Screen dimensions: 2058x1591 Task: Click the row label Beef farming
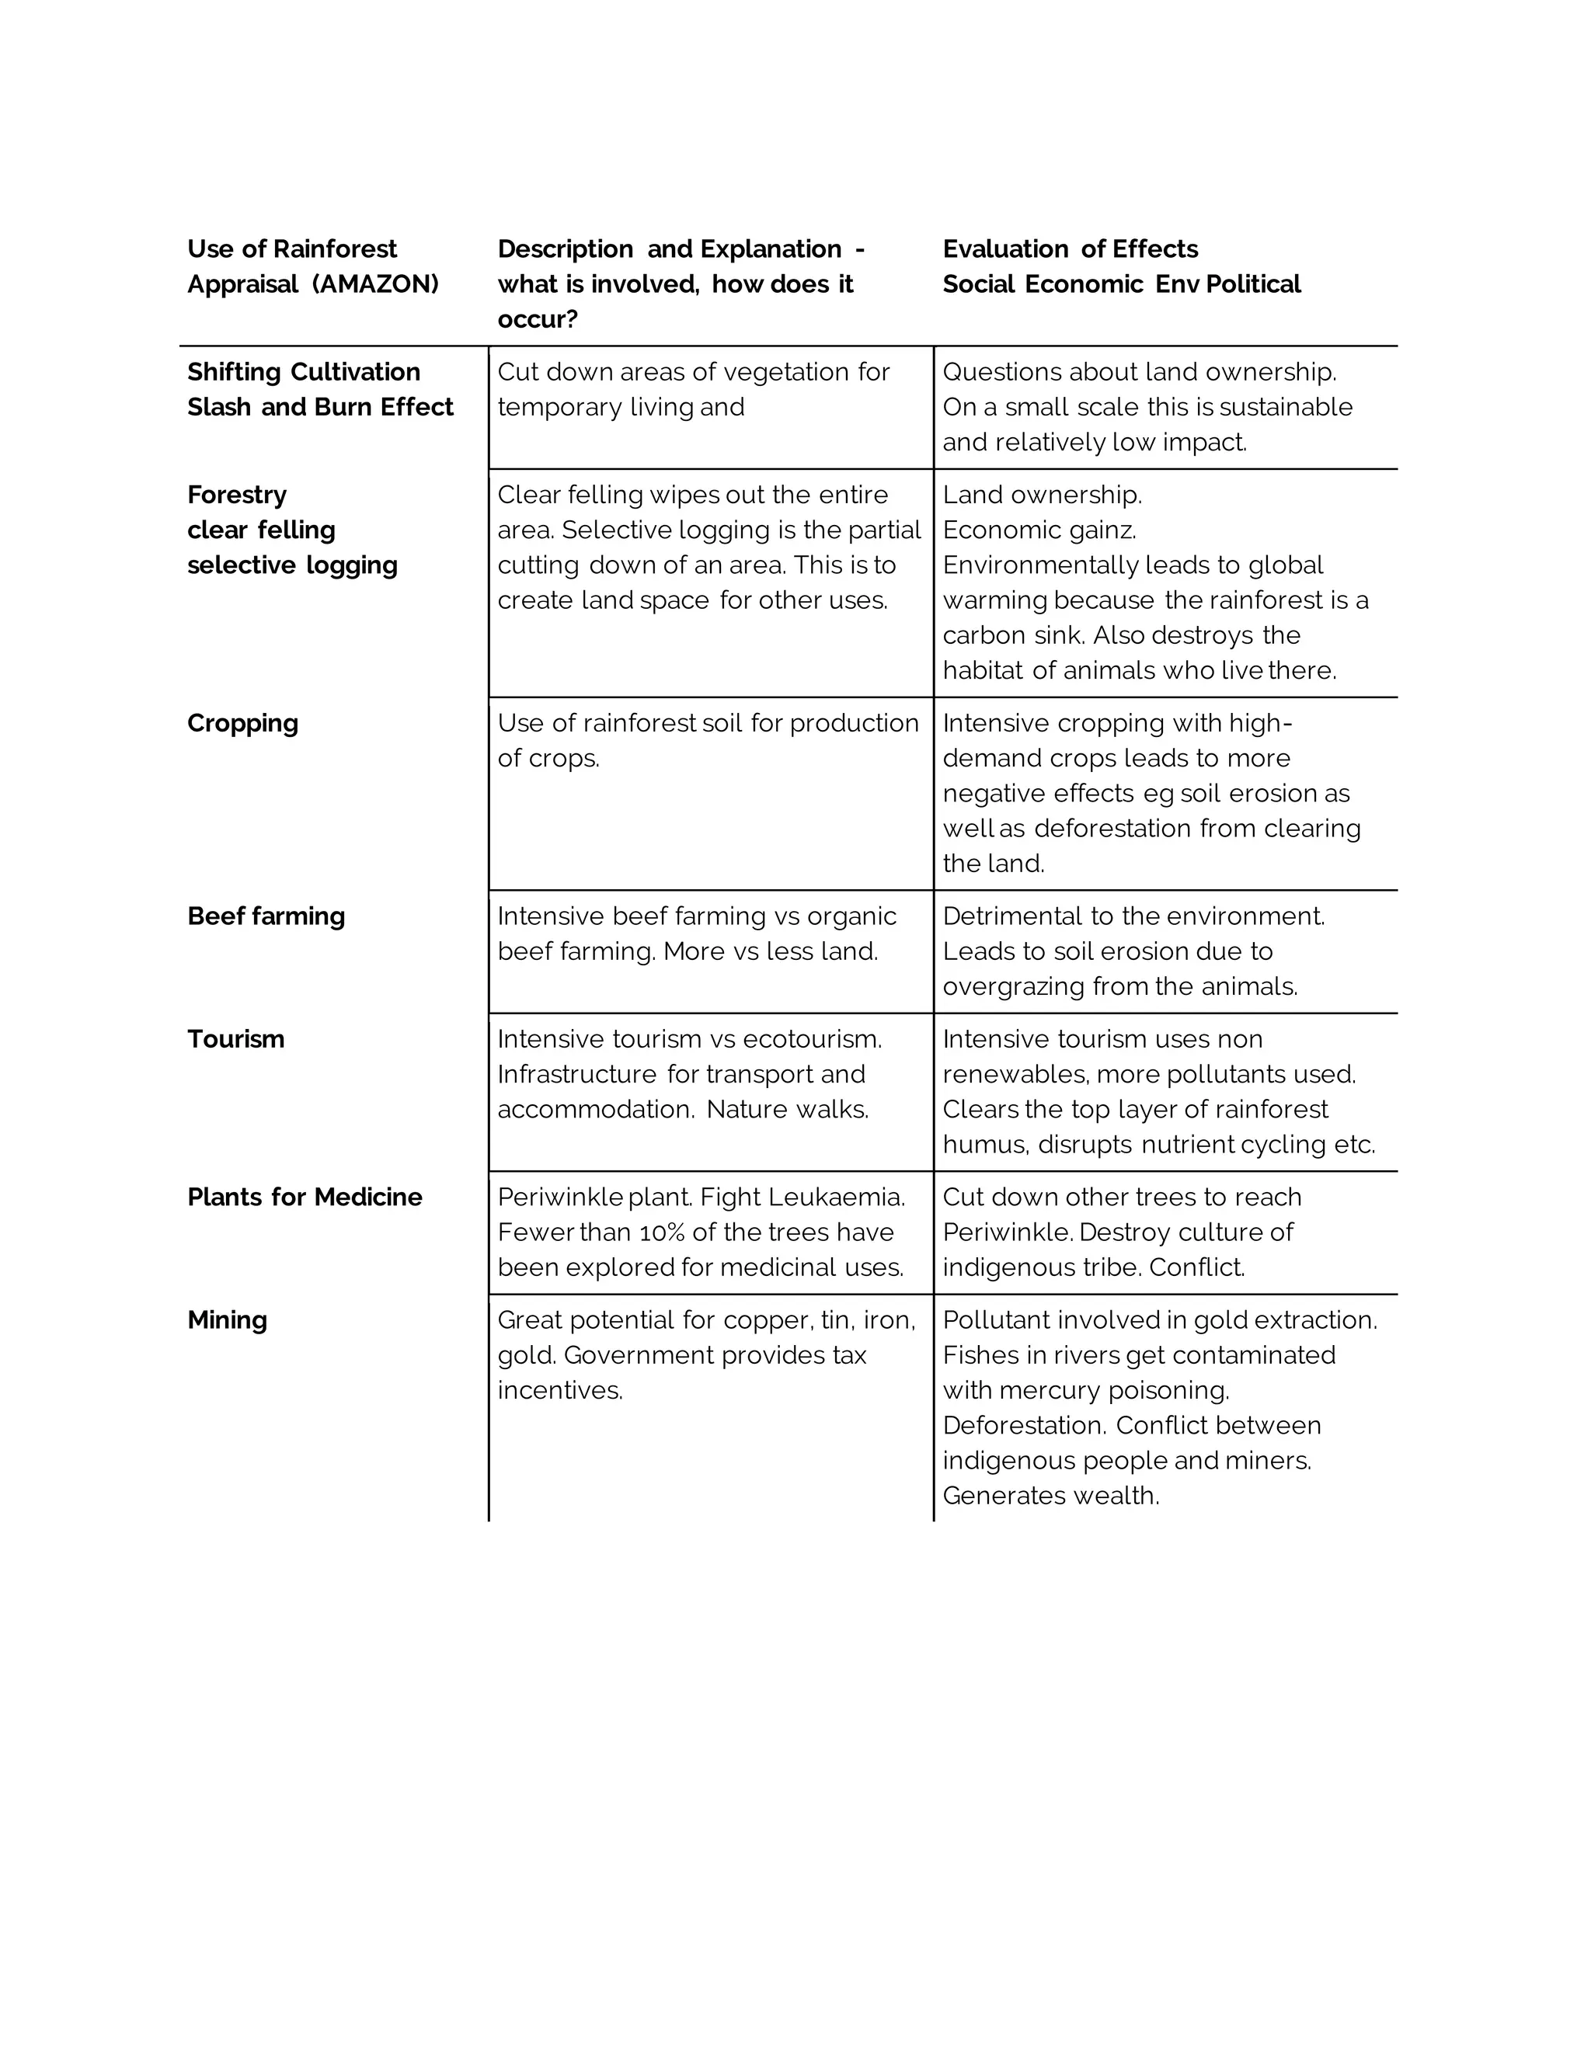point(266,916)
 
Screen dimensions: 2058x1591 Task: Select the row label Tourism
point(235,1038)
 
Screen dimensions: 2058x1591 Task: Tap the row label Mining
point(227,1319)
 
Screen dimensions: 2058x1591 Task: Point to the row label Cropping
point(242,723)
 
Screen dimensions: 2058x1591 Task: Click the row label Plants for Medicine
point(305,1197)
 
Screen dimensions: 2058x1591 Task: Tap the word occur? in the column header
point(538,319)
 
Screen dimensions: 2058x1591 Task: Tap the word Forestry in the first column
point(237,495)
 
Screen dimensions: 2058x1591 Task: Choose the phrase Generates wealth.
point(1050,1496)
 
